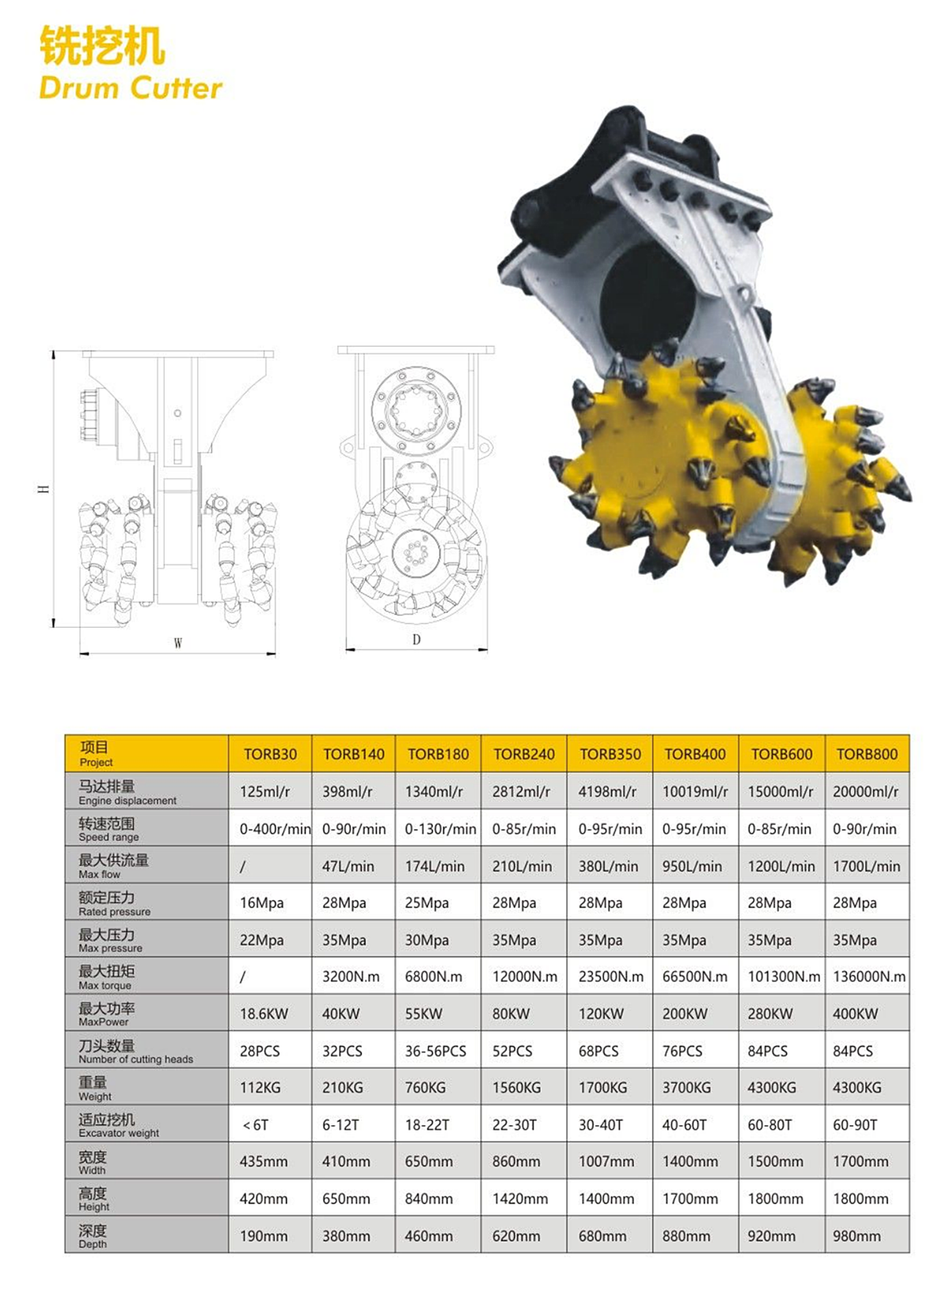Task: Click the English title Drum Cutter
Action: (x=131, y=88)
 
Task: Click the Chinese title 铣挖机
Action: (x=102, y=46)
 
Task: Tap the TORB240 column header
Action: (x=523, y=754)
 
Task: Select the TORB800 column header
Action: (x=867, y=754)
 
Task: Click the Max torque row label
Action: (x=106, y=977)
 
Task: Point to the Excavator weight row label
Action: (x=119, y=1125)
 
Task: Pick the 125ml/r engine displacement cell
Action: (x=264, y=792)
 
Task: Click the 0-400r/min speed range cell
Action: (x=275, y=829)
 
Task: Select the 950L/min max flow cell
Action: (x=692, y=866)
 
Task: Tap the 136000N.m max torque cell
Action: (x=869, y=976)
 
